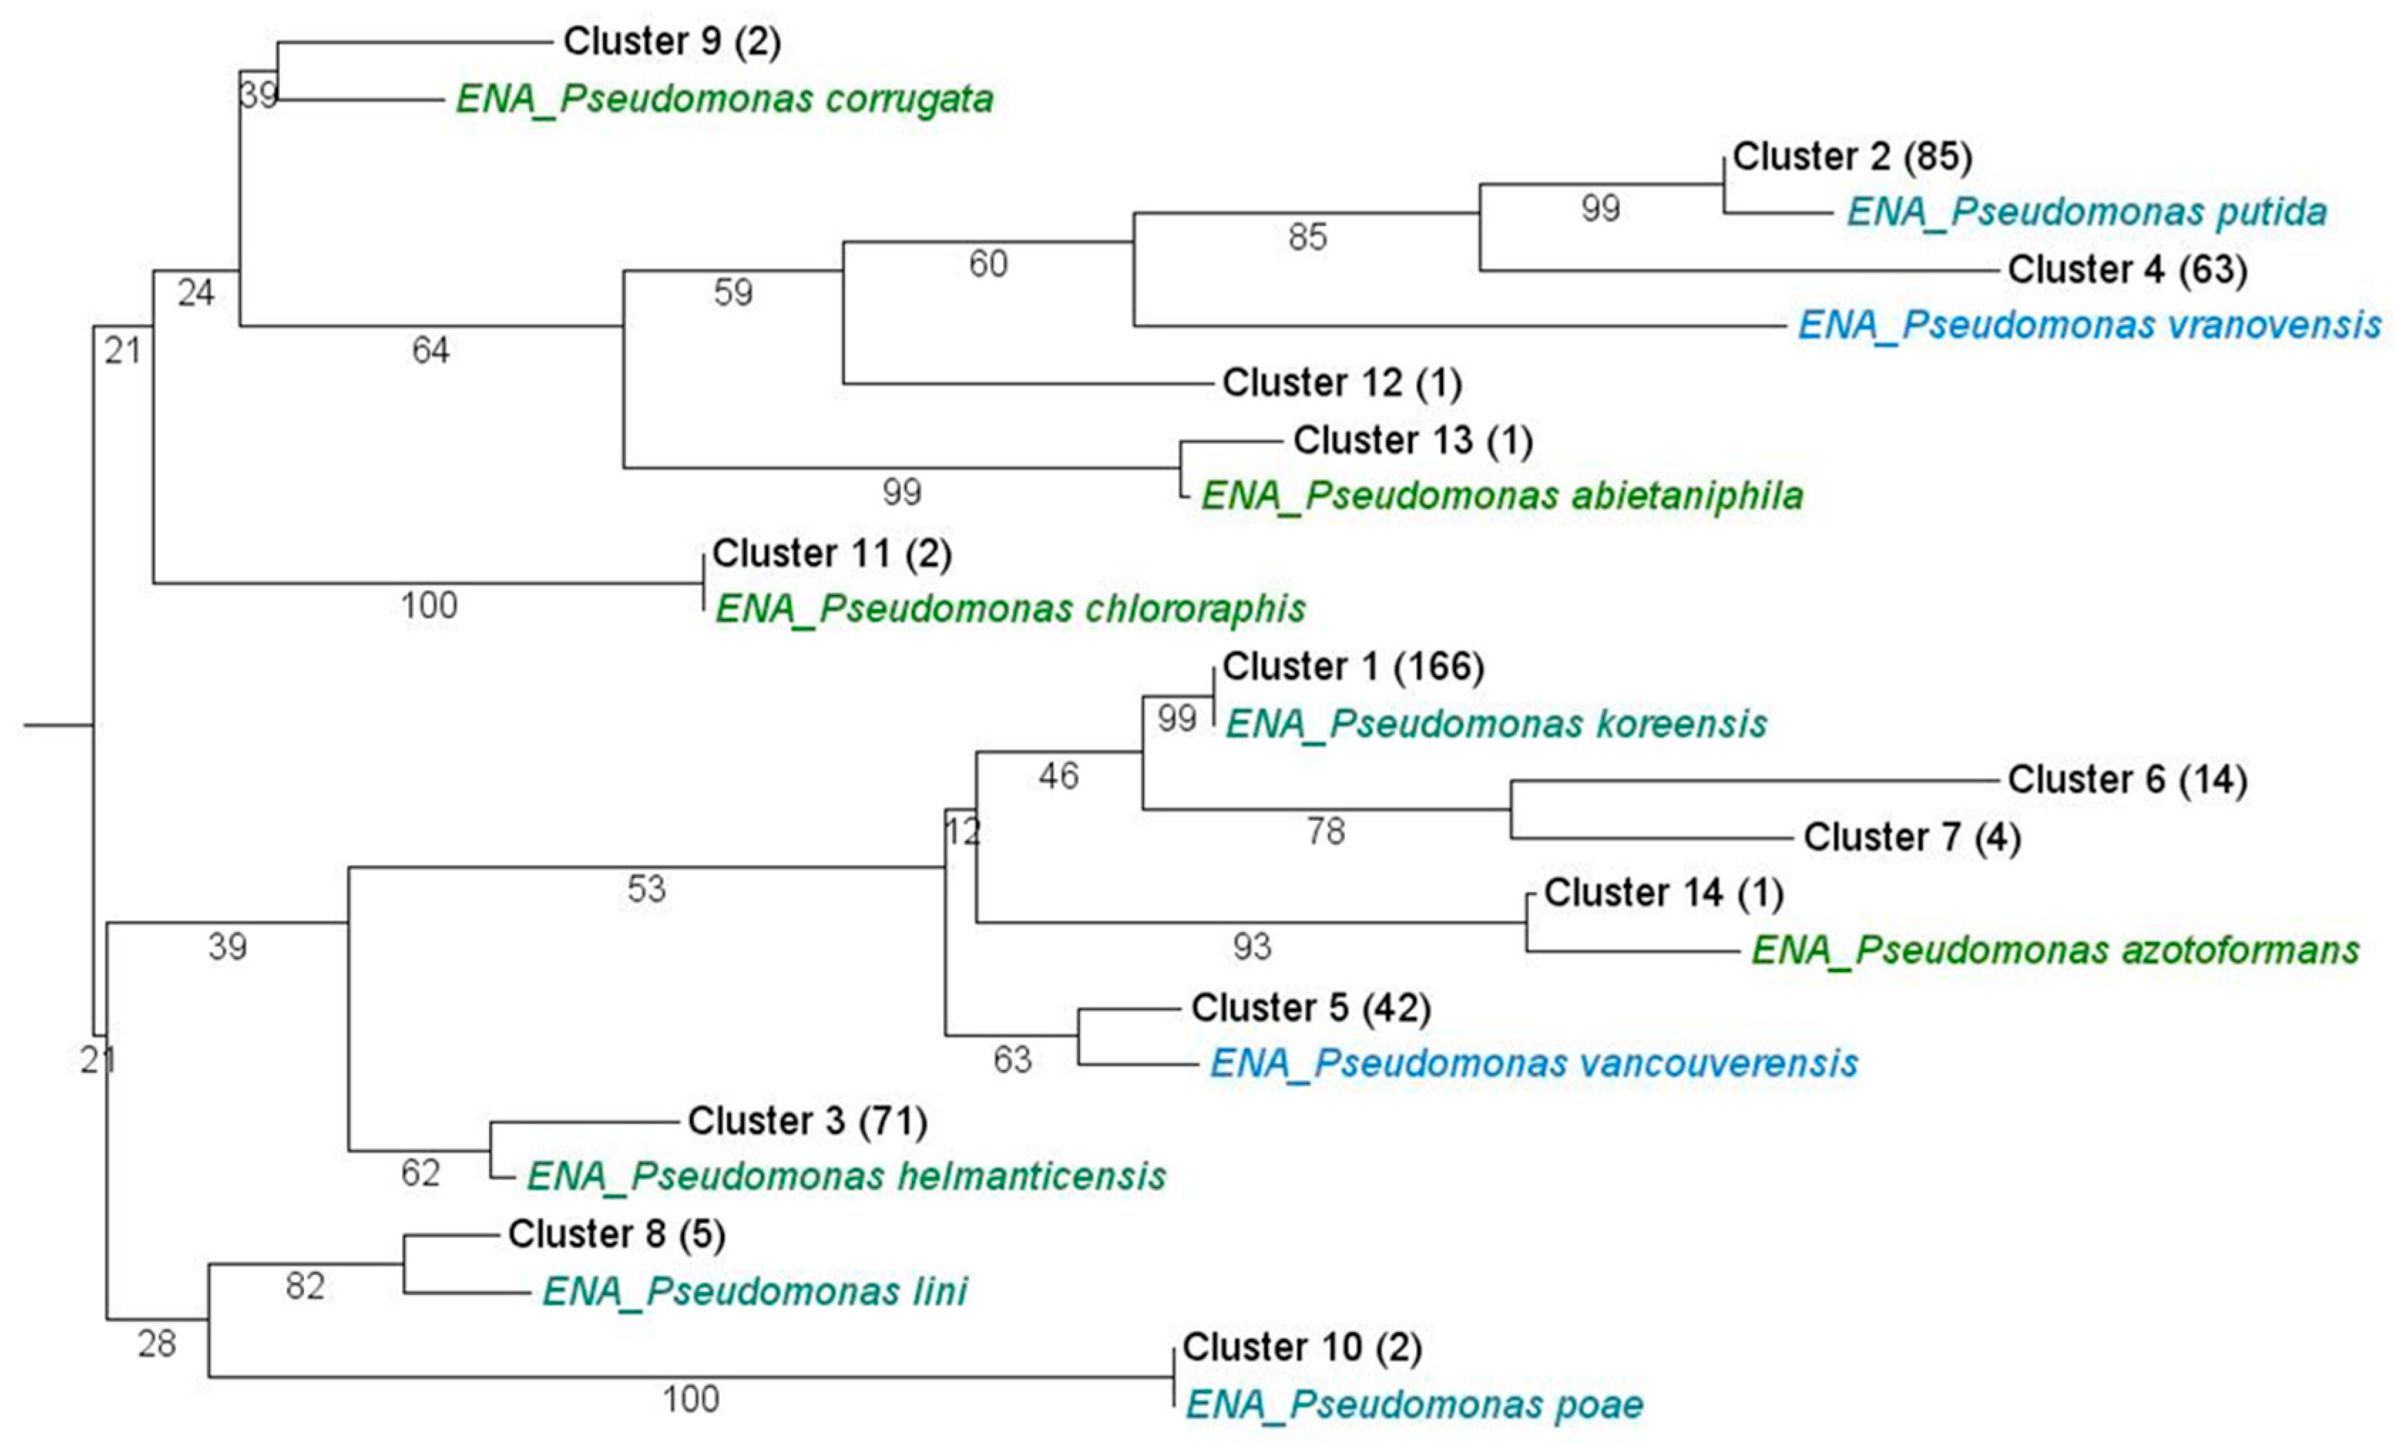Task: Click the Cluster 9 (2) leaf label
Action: coord(671,42)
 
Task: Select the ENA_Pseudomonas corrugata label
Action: coord(724,99)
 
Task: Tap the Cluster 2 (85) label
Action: coord(1852,157)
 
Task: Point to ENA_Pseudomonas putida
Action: coord(2086,213)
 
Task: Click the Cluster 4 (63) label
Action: coord(2127,269)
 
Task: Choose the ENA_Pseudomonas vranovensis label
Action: coord(2089,325)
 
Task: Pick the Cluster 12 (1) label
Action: coord(1341,383)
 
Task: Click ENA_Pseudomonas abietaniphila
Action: coord(1502,497)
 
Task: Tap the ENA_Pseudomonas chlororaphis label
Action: coord(1010,609)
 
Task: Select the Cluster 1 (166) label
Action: coord(1352,667)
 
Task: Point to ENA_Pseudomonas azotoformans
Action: coord(2055,951)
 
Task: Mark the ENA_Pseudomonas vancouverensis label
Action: coord(1533,1063)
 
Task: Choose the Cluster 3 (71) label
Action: coord(807,1121)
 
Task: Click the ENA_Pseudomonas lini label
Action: coord(754,1291)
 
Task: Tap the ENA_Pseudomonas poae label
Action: coord(1413,1405)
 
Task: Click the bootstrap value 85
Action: coord(1307,237)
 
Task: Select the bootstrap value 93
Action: coord(1252,946)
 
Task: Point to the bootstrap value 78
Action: coord(1326,832)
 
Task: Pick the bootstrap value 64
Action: coord(431,351)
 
